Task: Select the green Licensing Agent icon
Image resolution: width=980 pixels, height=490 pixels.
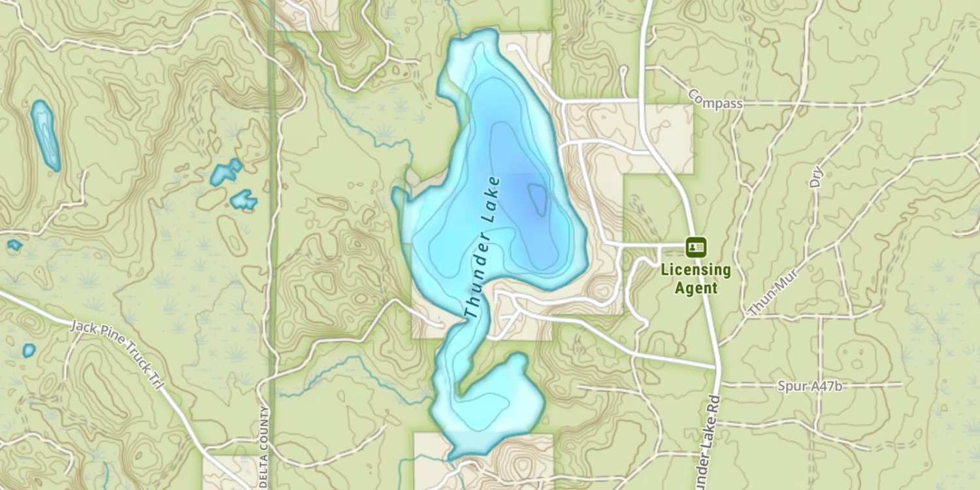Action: [x=695, y=248]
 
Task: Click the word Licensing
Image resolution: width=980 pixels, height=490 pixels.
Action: [x=695, y=269]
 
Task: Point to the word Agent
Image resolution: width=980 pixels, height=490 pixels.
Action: [x=695, y=287]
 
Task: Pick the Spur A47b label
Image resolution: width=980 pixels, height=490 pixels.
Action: [x=809, y=386]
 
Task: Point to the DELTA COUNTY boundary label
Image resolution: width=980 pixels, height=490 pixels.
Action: [x=264, y=444]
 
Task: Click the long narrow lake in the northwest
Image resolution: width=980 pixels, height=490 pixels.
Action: [x=45, y=134]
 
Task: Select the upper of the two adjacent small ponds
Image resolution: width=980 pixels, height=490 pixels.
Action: [x=226, y=172]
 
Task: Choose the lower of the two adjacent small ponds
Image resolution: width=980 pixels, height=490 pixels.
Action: [x=244, y=199]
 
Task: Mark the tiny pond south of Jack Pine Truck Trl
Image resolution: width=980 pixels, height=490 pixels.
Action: [x=29, y=350]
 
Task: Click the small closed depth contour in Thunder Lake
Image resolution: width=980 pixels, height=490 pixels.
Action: [x=538, y=199]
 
